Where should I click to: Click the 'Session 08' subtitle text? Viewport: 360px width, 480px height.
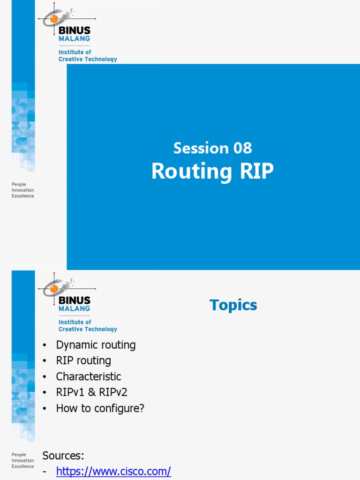(x=212, y=148)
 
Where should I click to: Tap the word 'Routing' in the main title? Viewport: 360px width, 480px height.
(x=191, y=172)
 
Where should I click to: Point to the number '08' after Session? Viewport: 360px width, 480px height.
(x=242, y=148)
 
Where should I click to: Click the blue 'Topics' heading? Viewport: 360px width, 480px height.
(x=233, y=305)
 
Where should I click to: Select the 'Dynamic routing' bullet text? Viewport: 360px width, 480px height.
(x=96, y=345)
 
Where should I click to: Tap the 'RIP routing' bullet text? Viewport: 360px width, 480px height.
(x=83, y=361)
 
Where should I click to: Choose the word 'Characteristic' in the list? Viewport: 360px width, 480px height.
(x=89, y=376)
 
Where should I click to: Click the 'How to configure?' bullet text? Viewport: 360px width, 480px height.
(x=100, y=408)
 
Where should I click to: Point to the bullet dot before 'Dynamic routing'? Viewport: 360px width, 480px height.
(x=45, y=345)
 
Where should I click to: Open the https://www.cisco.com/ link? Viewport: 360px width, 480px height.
(x=113, y=472)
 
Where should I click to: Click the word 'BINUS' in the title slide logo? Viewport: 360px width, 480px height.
(x=74, y=30)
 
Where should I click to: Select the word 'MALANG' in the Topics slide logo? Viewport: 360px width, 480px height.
(x=74, y=309)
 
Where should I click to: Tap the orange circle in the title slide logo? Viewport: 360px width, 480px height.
(x=54, y=19)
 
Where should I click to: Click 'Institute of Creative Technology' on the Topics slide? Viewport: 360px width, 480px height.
(x=88, y=326)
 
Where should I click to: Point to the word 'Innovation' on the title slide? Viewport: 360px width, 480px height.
(x=22, y=190)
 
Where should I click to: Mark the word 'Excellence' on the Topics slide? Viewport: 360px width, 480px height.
(x=22, y=466)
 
